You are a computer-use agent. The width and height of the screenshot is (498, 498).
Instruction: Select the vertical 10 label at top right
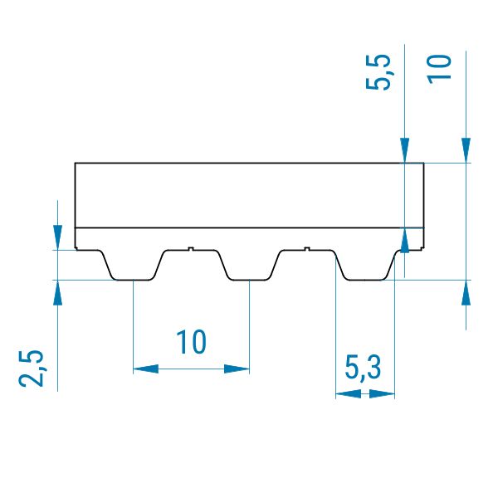[x=439, y=69]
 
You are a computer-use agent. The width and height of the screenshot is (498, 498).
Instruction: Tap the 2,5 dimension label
[x=31, y=369]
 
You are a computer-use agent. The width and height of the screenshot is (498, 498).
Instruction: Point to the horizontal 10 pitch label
[x=191, y=342]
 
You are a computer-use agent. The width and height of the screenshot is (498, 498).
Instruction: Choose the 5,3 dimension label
[x=363, y=368]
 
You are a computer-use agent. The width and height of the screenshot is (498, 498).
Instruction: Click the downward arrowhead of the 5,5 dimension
[x=404, y=150]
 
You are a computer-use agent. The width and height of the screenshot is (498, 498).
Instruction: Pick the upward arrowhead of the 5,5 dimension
[x=404, y=240]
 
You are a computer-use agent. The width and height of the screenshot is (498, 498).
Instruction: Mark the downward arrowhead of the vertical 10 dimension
[x=466, y=150]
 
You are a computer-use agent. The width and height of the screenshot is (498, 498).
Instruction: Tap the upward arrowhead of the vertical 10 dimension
[x=466, y=292]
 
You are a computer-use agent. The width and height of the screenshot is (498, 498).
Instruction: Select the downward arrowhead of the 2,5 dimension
[x=57, y=237]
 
